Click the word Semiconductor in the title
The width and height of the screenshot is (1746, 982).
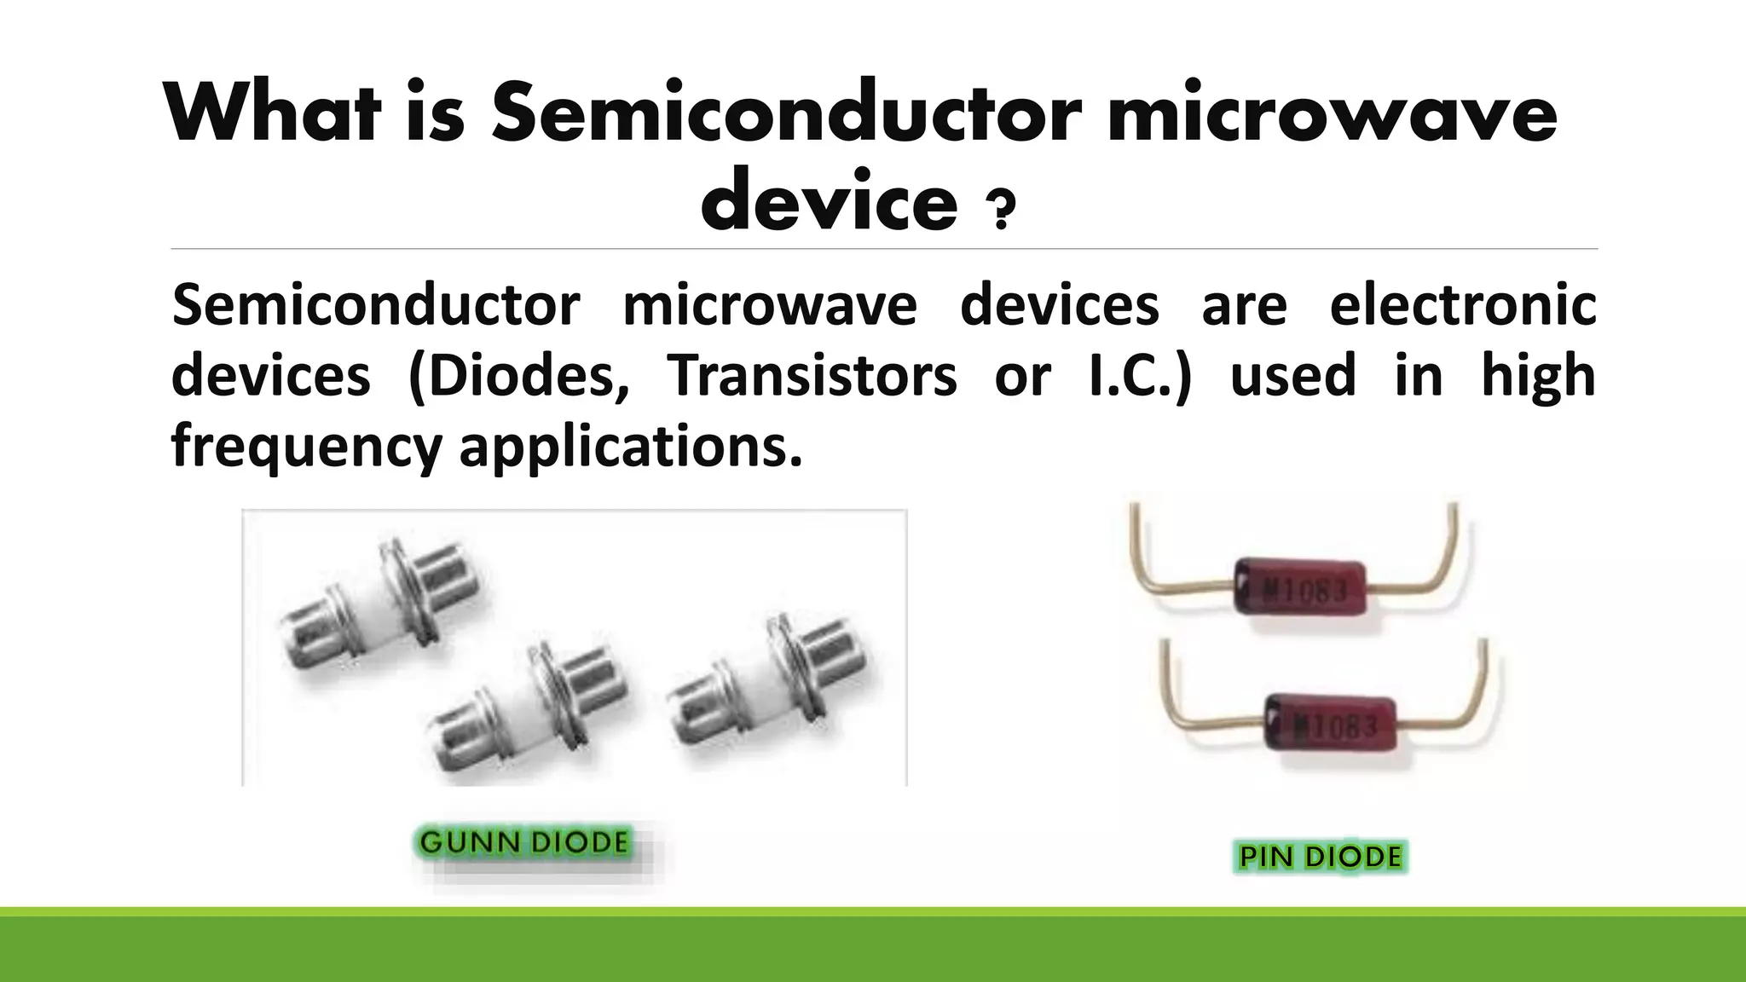tap(784, 113)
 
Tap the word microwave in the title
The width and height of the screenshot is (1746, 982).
tap(1331, 113)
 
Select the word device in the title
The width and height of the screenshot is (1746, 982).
tap(829, 201)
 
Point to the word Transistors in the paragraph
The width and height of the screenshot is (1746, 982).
tap(812, 376)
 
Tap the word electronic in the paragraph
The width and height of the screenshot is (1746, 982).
tap(1462, 305)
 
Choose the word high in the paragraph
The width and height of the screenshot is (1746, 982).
tap(1538, 376)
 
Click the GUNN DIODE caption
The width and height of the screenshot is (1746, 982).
tap(524, 843)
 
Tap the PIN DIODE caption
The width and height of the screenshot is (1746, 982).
tap(1320, 856)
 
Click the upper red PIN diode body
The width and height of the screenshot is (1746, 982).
tap(1301, 586)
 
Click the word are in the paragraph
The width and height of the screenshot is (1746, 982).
tap(1244, 305)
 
